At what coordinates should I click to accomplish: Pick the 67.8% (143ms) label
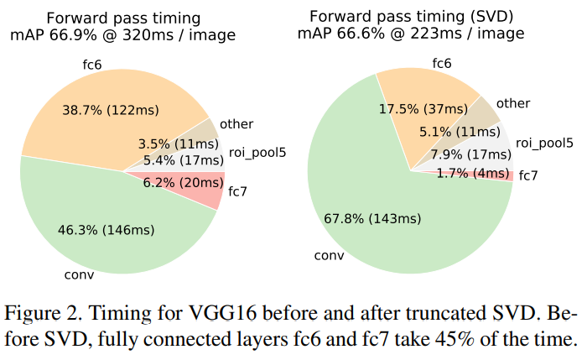click(x=371, y=218)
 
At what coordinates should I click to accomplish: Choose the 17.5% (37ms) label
click(x=424, y=109)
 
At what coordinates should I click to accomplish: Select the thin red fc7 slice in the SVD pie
click(x=500, y=175)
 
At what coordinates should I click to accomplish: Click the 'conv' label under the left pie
click(x=78, y=273)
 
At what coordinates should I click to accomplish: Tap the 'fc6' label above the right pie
click(x=442, y=63)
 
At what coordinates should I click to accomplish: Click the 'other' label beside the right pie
click(x=512, y=103)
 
